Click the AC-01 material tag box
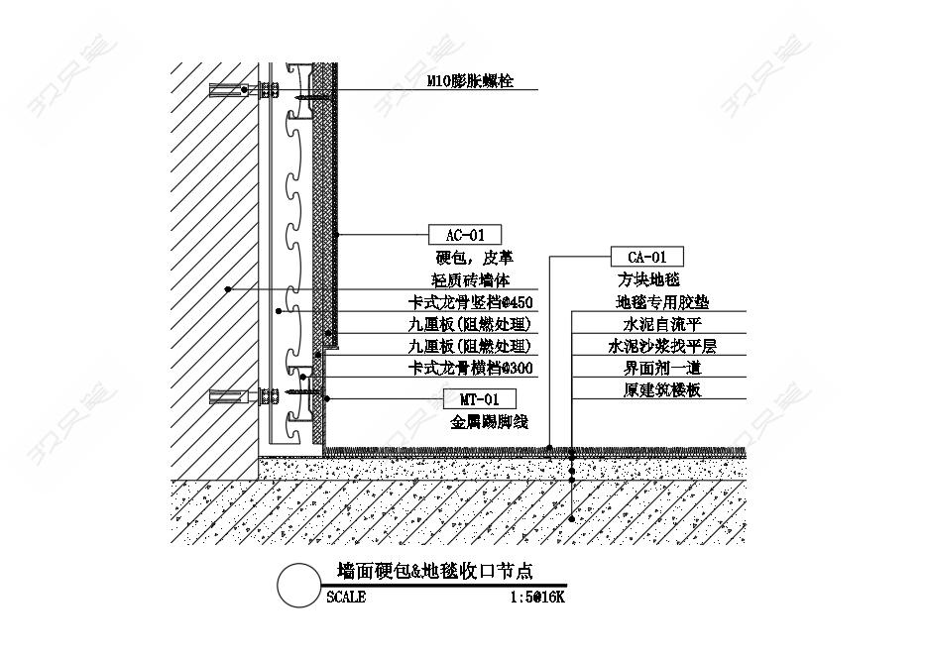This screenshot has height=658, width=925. [465, 235]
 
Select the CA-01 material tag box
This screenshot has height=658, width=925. [647, 257]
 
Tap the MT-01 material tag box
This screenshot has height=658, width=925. [480, 399]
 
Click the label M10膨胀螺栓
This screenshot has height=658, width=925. [470, 81]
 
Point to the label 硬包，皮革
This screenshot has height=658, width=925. [475, 257]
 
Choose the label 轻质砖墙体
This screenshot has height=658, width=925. [471, 279]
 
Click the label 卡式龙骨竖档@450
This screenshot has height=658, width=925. [470, 302]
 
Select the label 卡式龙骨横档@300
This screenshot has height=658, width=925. [470, 368]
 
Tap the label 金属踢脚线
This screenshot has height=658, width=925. [489, 421]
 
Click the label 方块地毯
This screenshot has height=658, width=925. [648, 278]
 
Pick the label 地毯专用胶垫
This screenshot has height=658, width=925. [662, 302]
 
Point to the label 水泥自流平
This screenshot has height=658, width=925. [662, 324]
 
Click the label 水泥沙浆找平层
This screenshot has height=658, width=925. [662, 346]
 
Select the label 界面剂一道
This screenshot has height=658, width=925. [662, 368]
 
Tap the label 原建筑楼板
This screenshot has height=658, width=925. [662, 389]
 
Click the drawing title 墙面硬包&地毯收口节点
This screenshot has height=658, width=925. [435, 571]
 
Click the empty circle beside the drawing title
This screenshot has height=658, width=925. [298, 586]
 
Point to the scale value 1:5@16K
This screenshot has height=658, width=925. [537, 598]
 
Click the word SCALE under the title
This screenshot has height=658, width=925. [346, 598]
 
